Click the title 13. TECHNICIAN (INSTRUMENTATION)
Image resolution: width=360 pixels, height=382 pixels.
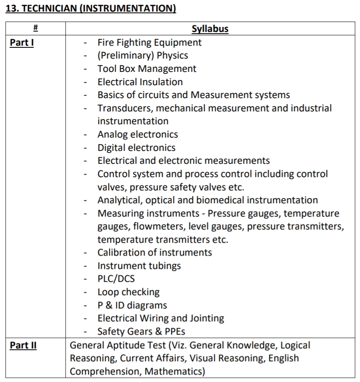point(91,9)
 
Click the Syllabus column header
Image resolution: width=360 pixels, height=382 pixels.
point(210,29)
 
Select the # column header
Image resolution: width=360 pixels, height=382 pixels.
point(35,29)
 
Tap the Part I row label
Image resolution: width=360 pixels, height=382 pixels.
point(22,42)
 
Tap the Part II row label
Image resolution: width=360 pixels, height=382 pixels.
point(23,345)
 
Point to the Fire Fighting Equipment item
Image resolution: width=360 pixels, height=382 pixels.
point(149,42)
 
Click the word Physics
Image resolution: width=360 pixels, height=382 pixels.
point(172,56)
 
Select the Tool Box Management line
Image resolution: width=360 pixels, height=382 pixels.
point(147,69)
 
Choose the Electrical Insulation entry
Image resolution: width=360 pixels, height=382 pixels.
point(140,82)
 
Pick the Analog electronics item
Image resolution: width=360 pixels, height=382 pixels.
point(138,134)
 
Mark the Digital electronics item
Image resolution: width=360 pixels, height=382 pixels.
point(137,148)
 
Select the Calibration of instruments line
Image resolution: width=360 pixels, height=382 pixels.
point(155,253)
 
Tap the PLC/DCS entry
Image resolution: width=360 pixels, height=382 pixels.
point(116,279)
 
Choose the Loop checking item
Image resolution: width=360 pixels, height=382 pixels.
point(129,292)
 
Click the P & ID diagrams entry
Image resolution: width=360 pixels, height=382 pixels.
point(132,306)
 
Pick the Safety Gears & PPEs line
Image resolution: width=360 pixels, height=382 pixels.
point(142,332)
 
